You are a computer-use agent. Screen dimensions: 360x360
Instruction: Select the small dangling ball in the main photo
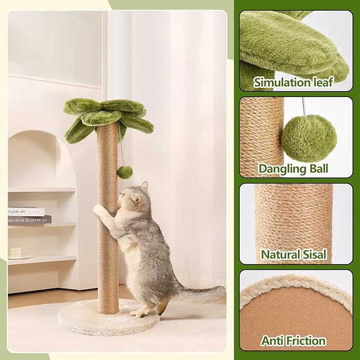pos(125,172)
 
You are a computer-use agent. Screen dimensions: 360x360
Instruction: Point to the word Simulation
pos(280,82)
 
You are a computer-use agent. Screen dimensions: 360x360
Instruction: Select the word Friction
pos(306,340)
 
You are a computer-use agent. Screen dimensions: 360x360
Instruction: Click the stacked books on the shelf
pos(29,215)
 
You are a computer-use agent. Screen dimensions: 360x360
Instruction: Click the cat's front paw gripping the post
pos(99,210)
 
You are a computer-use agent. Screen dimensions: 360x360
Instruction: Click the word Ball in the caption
pos(317,169)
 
